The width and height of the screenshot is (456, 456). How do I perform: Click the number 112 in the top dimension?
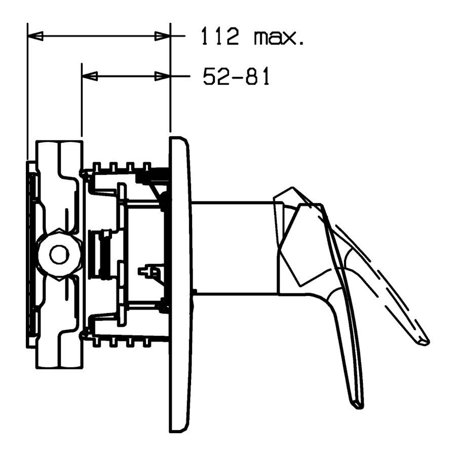coord(220,36)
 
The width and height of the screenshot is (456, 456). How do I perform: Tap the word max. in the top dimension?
coord(279,37)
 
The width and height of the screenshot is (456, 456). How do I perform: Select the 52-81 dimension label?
coord(236,76)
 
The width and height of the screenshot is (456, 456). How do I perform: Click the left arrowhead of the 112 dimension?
coord(35,36)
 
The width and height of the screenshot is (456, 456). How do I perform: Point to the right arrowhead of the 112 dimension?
coord(162,36)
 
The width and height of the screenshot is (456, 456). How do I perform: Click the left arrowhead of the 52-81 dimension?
coord(90,77)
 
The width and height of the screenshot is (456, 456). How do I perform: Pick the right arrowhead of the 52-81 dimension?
coord(162,77)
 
